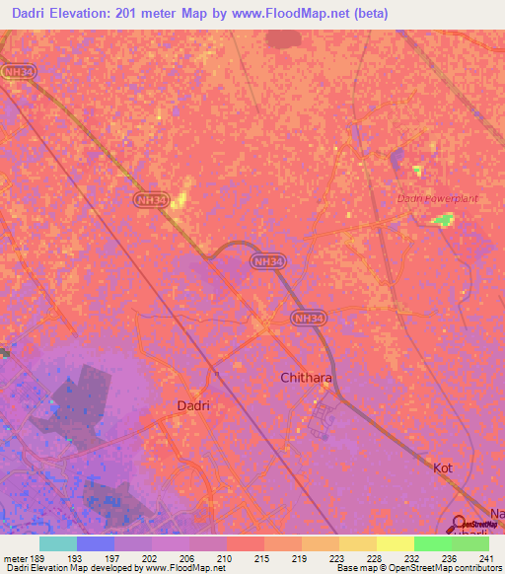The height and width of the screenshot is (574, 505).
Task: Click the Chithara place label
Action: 306,378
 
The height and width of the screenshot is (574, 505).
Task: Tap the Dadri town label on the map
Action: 194,405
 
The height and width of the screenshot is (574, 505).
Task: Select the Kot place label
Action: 443,467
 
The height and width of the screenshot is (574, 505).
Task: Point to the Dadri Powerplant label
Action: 437,198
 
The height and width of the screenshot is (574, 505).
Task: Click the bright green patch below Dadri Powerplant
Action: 446,219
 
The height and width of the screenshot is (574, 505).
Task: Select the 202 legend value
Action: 151,558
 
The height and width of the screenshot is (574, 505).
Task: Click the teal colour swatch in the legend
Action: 57,543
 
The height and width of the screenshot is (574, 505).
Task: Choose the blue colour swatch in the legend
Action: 95,543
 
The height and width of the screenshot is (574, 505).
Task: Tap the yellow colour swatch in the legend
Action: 395,543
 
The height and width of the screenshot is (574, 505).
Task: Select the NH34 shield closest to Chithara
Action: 306,319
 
